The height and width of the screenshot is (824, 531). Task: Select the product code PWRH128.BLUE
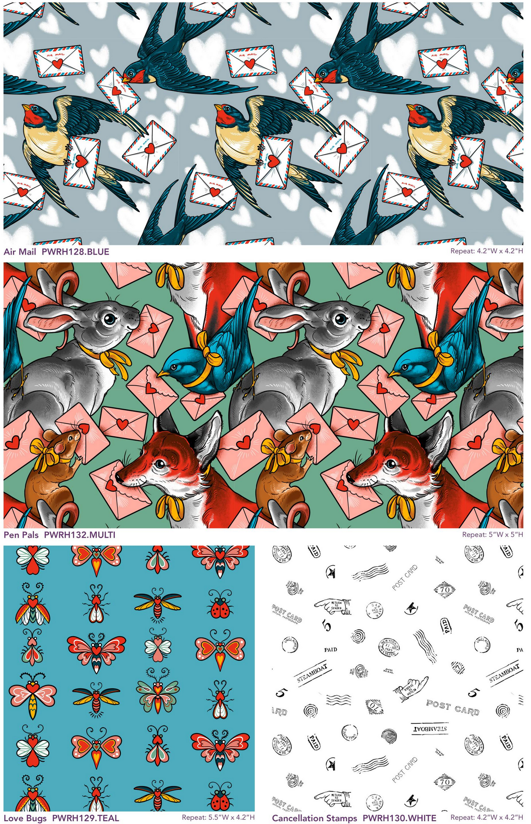[75, 252]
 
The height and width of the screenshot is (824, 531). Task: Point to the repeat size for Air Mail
[487, 251]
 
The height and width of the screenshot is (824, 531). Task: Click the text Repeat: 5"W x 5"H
[492, 534]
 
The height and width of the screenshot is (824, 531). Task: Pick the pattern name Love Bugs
[25, 818]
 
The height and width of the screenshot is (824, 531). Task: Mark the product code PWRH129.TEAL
[85, 818]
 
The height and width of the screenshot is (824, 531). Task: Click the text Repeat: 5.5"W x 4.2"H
[218, 818]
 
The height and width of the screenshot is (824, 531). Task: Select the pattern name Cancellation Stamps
[314, 818]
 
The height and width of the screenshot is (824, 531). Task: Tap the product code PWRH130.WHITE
[399, 818]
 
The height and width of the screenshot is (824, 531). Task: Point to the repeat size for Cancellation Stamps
[487, 818]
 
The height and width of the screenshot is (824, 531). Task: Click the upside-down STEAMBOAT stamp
[429, 729]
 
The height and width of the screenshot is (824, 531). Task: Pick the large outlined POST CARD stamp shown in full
[453, 707]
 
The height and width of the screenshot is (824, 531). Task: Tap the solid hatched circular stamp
[389, 735]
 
